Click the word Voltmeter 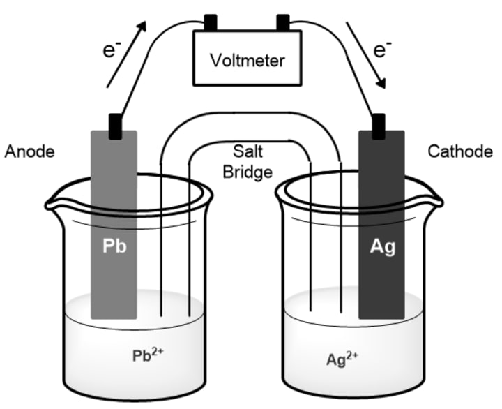pos(248,61)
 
